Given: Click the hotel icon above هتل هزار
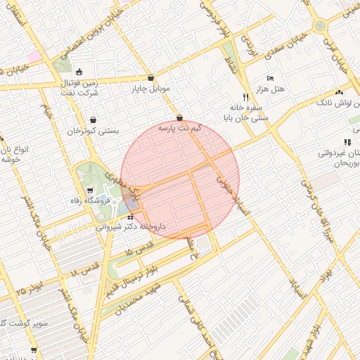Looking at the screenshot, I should [271, 78].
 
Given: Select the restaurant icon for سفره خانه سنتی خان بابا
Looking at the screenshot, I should [245, 97].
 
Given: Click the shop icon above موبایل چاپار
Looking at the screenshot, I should [150, 78].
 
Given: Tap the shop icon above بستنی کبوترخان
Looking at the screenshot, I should [93, 120].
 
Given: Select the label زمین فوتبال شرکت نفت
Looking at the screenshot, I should [79, 86].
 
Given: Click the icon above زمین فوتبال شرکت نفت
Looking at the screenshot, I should [79, 72].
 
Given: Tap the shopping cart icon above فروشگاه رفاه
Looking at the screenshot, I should [90, 191].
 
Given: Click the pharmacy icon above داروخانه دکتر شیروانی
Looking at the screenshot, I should [130, 217].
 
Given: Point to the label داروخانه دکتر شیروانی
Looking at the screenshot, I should [131, 227].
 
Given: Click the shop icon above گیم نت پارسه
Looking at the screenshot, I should [179, 117].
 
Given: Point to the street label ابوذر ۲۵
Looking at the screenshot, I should [30, 286].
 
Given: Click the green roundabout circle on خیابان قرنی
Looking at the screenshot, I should [320, 26].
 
